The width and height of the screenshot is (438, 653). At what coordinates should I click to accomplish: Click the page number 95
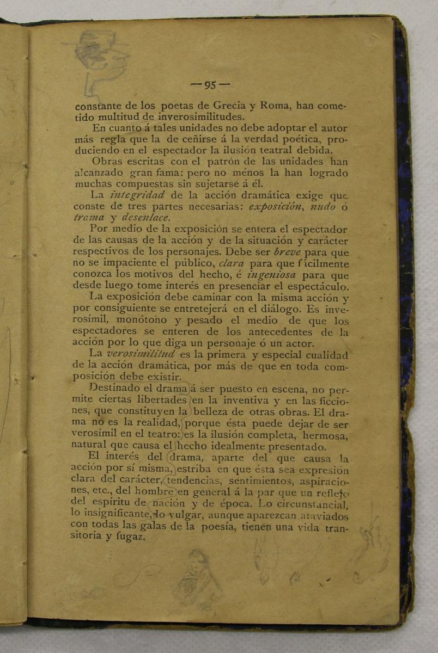[210, 85]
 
